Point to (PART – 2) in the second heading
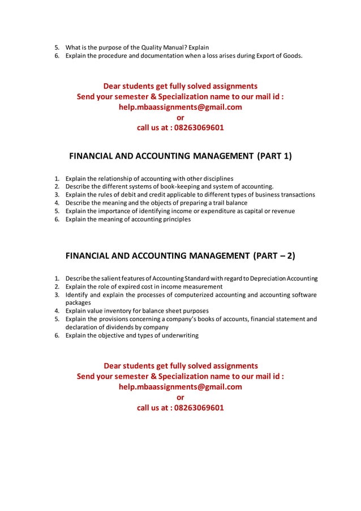[x=274, y=255]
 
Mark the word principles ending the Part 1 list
[x=174, y=219]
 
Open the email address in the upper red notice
[x=180, y=107]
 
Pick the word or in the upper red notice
[x=180, y=117]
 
